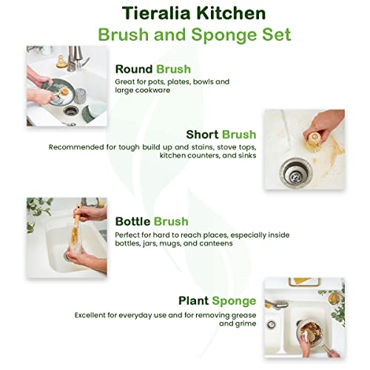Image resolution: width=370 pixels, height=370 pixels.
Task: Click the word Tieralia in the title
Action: pyautogui.click(x=138, y=13)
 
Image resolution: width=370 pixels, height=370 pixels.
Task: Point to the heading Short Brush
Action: pyautogui.click(x=221, y=134)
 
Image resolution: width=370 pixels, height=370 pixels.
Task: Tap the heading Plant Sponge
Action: pyautogui.click(x=217, y=300)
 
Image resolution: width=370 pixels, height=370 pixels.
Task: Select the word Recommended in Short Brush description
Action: pyautogui.click(x=76, y=147)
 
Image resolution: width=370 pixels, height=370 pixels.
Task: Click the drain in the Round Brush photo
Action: pyautogui.click(x=70, y=110)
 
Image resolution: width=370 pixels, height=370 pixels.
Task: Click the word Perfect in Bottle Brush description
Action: pyautogui.click(x=129, y=234)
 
